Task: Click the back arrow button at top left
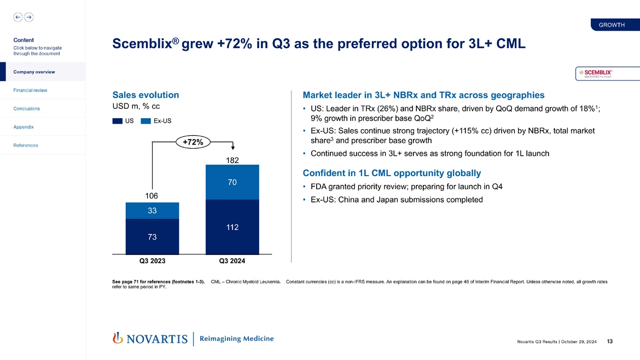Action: point(18,17)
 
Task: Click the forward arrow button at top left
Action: point(28,17)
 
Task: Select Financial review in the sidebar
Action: point(31,90)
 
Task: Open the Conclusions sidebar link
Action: point(27,108)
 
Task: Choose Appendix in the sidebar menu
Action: point(24,127)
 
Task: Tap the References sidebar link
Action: point(26,145)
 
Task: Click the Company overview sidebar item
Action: point(34,72)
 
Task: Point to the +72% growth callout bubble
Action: point(193,142)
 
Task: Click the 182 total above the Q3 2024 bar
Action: point(232,160)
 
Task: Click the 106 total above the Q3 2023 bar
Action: point(152,196)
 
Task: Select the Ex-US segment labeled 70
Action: point(232,182)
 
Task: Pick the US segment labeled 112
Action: point(232,227)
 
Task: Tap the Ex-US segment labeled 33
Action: point(152,211)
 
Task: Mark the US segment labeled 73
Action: point(152,237)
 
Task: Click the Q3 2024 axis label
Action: point(232,261)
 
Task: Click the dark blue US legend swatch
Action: point(118,121)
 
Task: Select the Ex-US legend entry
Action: point(156,121)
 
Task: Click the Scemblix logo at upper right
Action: point(607,74)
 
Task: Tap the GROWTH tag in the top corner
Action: point(612,25)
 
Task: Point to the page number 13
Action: point(610,342)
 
